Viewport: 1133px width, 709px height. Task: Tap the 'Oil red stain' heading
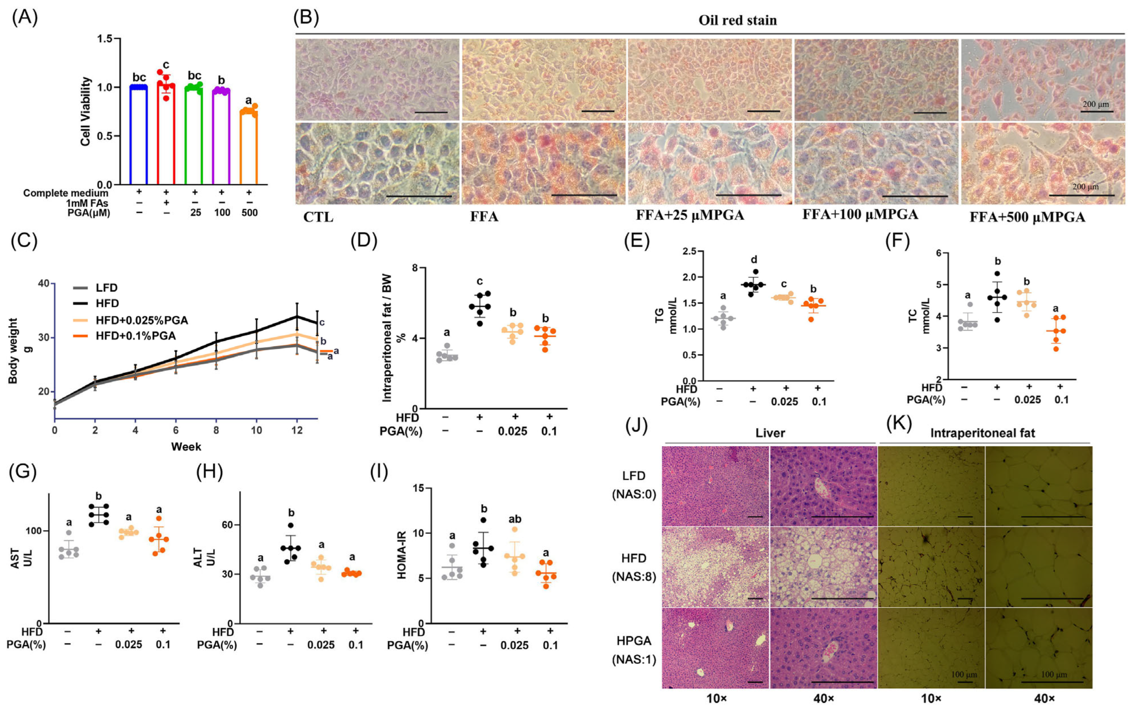click(737, 20)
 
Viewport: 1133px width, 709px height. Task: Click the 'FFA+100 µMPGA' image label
click(860, 214)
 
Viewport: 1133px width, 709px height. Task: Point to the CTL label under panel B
click(318, 218)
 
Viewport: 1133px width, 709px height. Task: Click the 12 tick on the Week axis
click(296, 430)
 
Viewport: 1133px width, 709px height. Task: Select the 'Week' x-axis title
click(186, 446)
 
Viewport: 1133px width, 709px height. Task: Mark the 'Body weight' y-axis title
click(13, 351)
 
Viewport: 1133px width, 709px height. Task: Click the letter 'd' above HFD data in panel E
click(754, 259)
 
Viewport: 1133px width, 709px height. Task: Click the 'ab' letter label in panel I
click(515, 519)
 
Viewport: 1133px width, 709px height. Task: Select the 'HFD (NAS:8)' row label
click(634, 567)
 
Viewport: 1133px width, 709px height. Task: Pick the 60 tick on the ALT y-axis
click(227, 525)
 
